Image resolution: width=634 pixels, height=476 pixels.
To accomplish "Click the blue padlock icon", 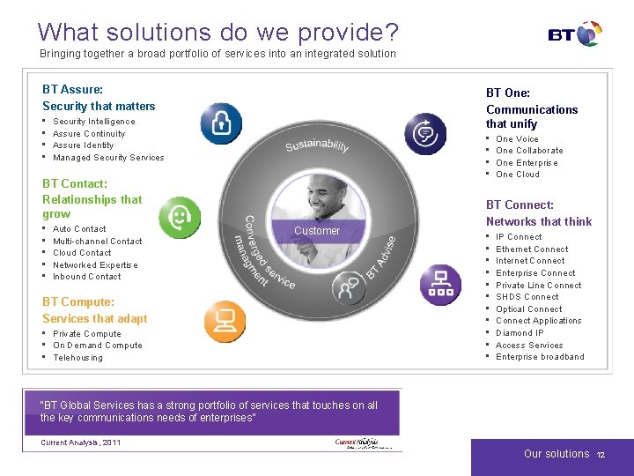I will tap(220, 123).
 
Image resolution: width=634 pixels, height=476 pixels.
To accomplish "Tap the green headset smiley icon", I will tap(180, 217).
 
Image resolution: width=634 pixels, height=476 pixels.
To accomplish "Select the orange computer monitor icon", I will tap(225, 322).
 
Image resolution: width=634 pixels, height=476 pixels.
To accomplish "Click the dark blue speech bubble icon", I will tap(425, 134).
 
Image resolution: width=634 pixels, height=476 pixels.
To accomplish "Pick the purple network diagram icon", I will tap(440, 284).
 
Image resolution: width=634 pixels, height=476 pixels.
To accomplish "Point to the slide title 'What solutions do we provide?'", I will tap(217, 33).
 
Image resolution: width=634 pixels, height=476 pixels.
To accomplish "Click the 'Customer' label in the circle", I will tap(317, 231).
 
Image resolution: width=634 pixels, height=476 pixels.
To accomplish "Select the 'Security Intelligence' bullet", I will tap(93, 122).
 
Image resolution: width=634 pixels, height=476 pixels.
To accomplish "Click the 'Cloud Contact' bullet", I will tap(82, 253).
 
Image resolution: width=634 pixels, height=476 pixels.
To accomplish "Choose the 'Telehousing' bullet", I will tap(77, 358).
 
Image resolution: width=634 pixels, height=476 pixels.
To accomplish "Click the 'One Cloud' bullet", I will tap(518, 175).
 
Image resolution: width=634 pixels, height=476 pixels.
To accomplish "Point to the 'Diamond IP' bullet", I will tap(520, 333).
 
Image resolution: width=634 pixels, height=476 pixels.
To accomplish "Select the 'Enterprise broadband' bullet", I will tap(540, 357).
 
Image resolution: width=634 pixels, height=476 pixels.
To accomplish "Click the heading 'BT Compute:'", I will tap(78, 302).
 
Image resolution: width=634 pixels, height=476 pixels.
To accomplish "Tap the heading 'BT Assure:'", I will tap(72, 90).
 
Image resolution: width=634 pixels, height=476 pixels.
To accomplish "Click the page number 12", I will tap(601, 455).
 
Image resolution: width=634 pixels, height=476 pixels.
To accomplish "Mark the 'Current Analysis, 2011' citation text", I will tap(80, 443).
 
